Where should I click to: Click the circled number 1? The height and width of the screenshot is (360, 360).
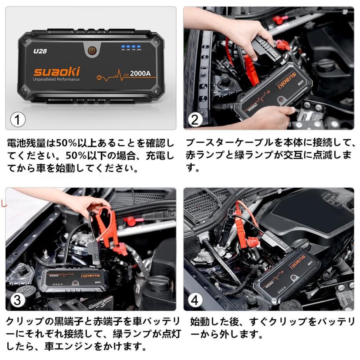tap(18, 119)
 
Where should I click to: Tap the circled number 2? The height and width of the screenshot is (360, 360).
tap(195, 120)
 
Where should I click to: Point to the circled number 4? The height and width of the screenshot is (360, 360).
tap(195, 300)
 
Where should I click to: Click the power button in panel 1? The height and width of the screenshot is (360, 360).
tap(92, 51)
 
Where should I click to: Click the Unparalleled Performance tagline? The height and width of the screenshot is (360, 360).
tap(56, 80)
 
